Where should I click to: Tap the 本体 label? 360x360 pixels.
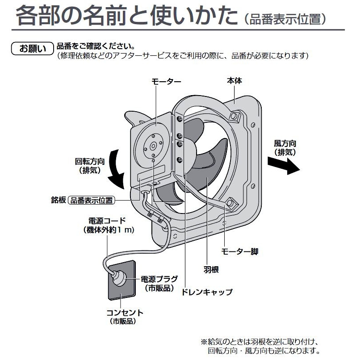click(235, 81)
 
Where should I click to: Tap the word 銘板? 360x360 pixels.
click(58, 200)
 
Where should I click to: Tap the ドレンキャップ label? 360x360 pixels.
click(206, 292)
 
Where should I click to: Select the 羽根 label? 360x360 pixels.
click(205, 270)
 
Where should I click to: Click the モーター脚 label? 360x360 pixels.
click(239, 251)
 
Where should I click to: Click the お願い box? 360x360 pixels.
click(31, 49)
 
